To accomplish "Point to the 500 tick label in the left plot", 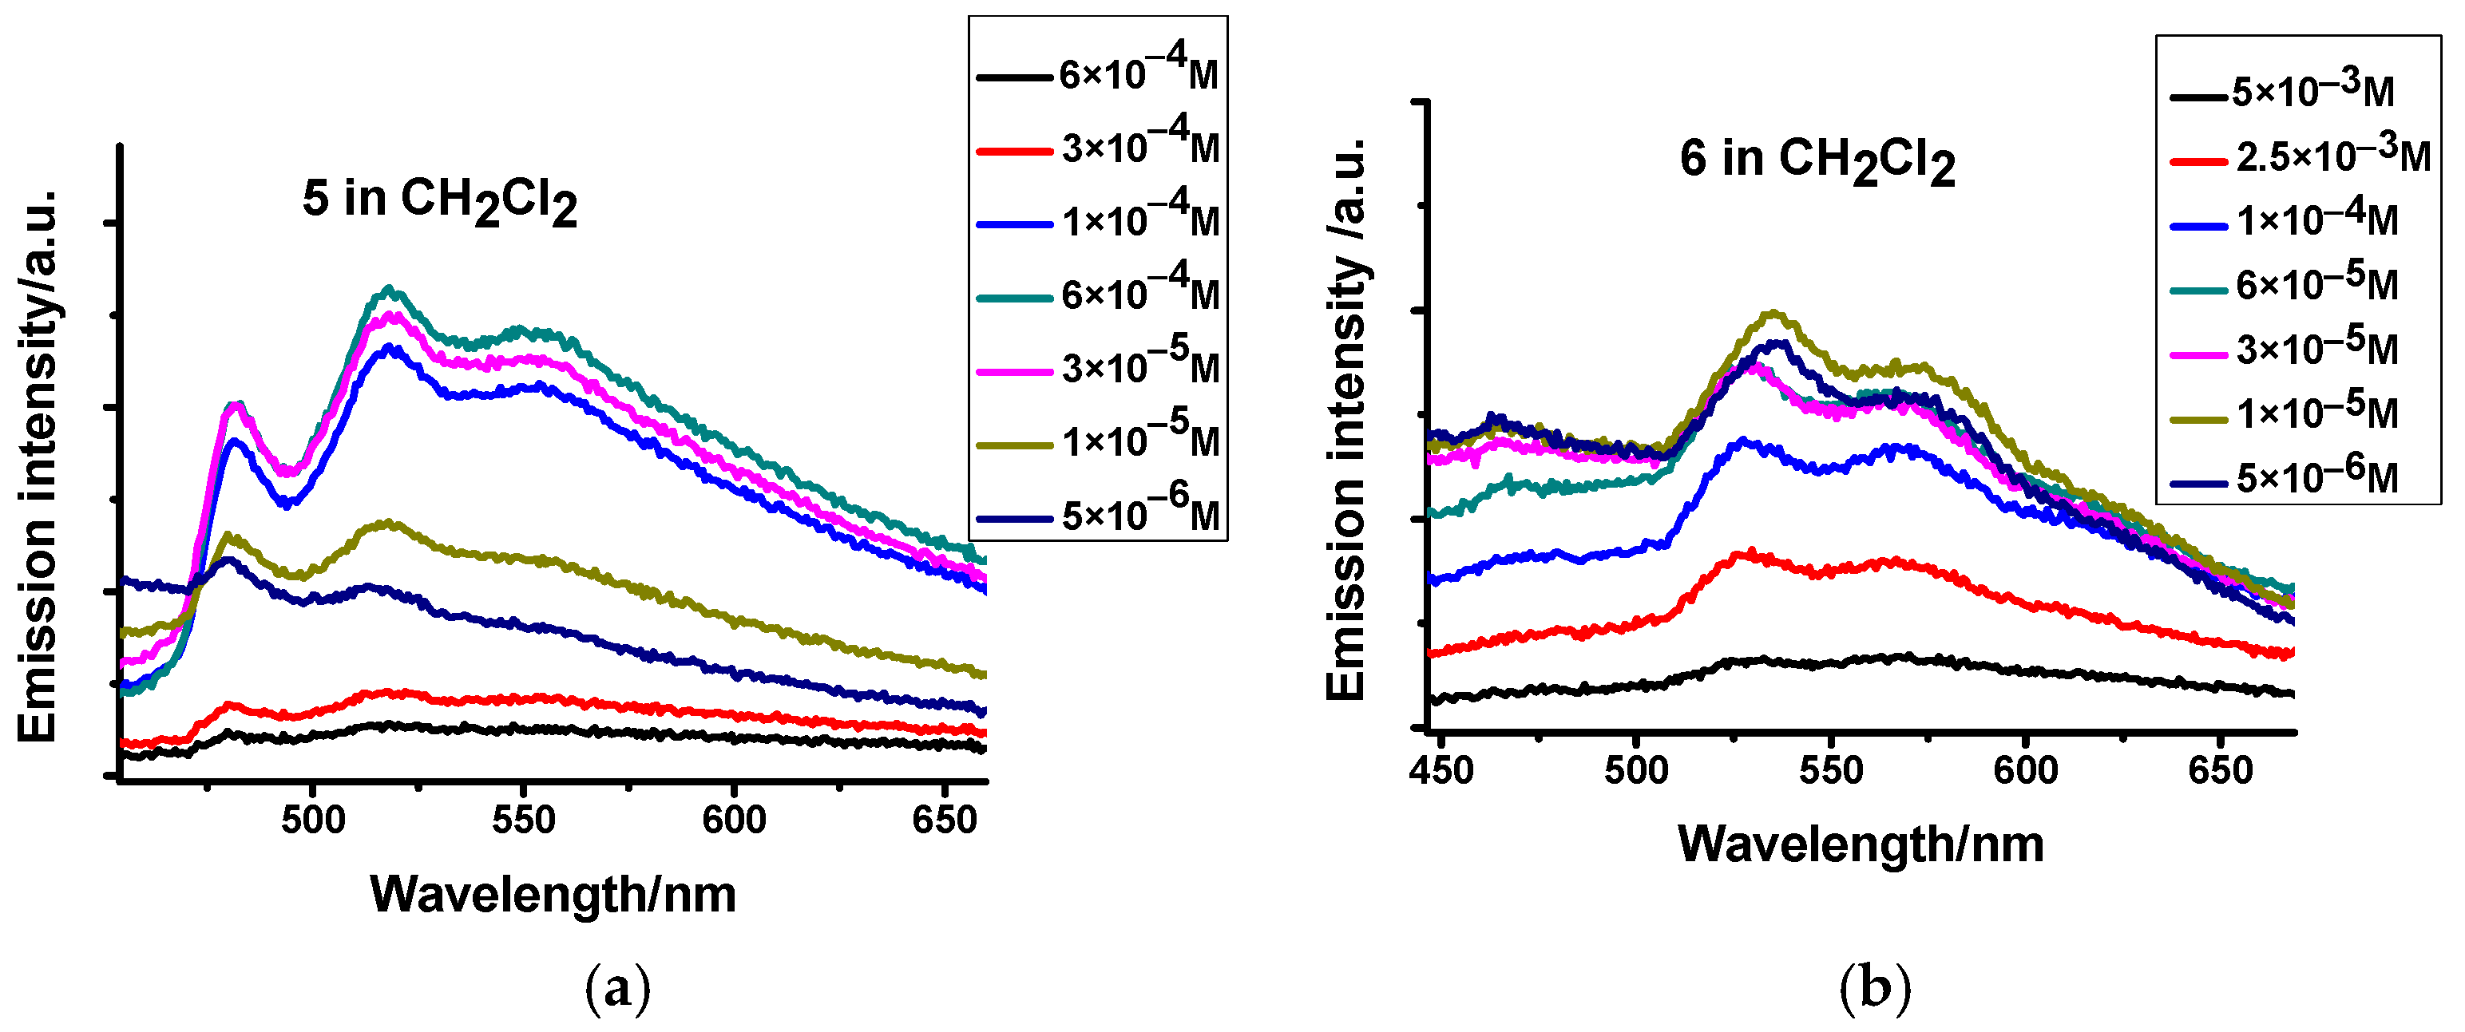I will click(313, 820).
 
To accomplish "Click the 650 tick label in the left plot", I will click(945, 820).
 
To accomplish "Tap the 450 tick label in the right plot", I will click(1441, 771).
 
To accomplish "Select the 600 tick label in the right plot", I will click(2026, 771).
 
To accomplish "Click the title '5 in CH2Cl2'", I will click(439, 201).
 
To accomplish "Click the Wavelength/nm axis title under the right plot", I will click(1861, 844).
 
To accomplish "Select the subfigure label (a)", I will click(617, 989).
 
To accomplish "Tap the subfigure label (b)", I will click(1875, 989).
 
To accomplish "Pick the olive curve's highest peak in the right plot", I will click(1773, 313).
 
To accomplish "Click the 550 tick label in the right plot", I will click(1830, 771).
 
